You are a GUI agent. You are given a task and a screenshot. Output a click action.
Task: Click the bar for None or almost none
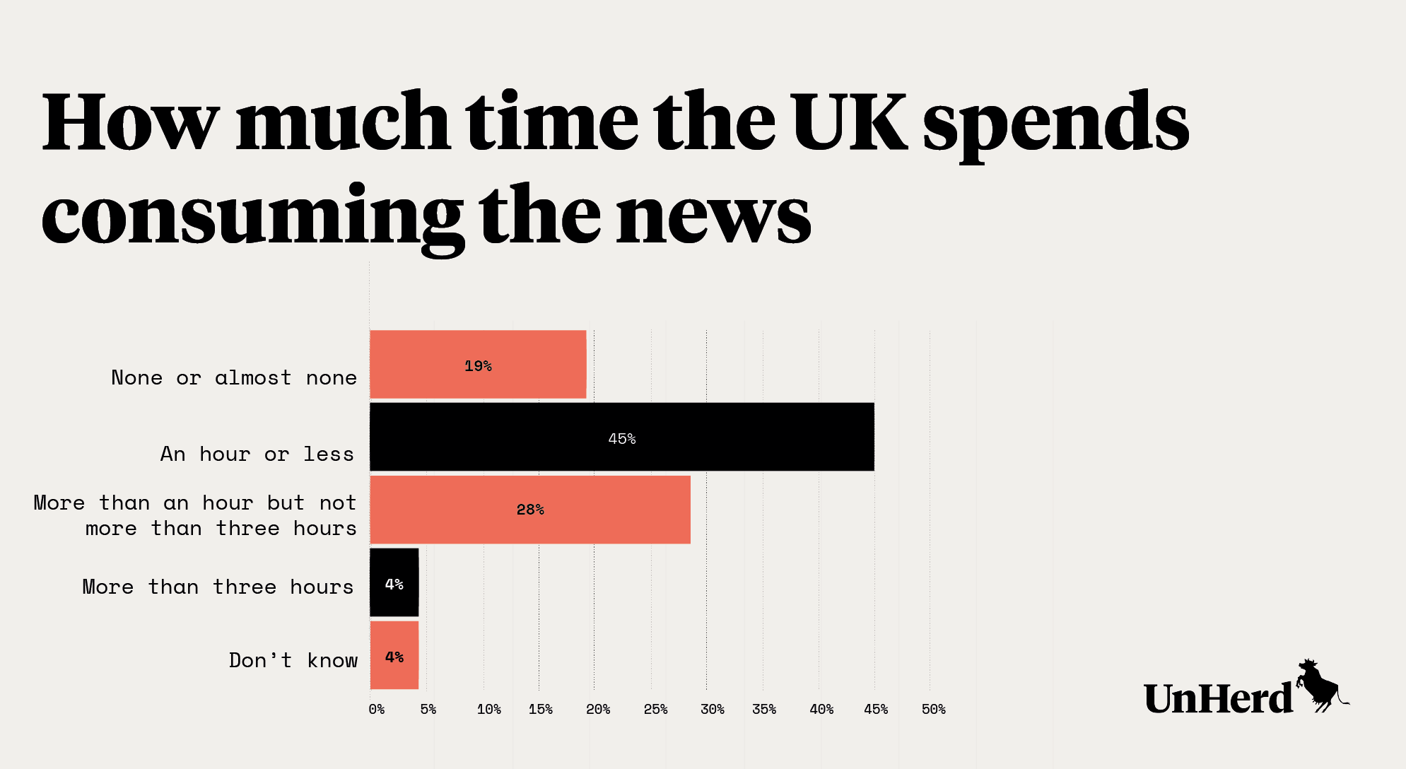click(x=478, y=364)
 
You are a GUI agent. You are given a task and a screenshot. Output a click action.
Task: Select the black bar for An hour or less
click(x=621, y=437)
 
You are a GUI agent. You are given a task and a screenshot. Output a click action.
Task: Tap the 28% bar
click(x=530, y=510)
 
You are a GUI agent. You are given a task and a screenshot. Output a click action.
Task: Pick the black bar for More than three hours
click(x=394, y=582)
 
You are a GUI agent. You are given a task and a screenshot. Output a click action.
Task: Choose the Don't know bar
click(x=394, y=655)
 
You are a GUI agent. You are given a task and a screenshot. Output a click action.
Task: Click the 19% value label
click(x=478, y=366)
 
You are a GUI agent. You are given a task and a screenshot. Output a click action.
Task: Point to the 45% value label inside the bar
click(x=621, y=439)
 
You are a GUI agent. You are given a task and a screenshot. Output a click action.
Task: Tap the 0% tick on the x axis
click(x=377, y=709)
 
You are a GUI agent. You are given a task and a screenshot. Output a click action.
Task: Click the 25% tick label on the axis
click(x=655, y=709)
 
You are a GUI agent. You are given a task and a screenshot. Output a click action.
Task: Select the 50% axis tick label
click(x=933, y=709)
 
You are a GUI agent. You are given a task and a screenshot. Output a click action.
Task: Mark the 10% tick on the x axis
click(x=488, y=709)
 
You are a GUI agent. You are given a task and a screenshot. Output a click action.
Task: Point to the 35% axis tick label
click(x=764, y=709)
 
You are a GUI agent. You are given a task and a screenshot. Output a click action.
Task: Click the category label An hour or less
click(x=257, y=454)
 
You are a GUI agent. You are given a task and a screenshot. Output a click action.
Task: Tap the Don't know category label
click(x=293, y=660)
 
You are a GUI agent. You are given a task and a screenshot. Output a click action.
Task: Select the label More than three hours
click(x=218, y=587)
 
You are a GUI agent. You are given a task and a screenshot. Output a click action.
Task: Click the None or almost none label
click(x=234, y=377)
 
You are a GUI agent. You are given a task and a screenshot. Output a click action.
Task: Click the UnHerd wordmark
click(x=1218, y=698)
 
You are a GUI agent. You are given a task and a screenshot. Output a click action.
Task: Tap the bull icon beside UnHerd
click(x=1319, y=686)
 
